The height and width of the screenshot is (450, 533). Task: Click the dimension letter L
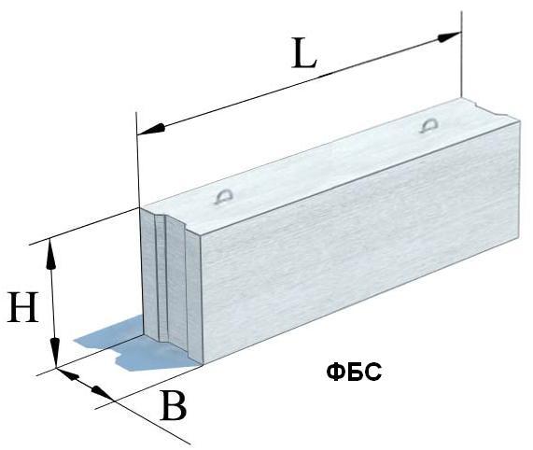tap(304, 53)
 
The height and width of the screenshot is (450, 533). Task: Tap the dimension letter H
tap(22, 307)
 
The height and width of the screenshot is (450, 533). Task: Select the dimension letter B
tap(174, 405)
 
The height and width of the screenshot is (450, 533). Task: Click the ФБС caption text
tap(354, 373)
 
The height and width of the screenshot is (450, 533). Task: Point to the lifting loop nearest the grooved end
tap(224, 196)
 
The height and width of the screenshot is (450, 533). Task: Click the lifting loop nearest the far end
tap(429, 125)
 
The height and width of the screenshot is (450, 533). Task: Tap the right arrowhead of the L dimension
tap(449, 36)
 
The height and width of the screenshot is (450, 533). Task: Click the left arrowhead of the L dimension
tap(150, 130)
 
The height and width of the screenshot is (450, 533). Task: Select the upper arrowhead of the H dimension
tap(51, 254)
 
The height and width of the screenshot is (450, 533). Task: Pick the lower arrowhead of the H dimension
tap(55, 352)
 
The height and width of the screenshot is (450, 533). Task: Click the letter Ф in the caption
tap(335, 373)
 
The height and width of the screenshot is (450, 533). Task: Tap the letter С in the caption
tap(373, 373)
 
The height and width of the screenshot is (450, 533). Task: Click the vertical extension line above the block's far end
tap(461, 54)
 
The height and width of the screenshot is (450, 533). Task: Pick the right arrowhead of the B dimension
tap(102, 393)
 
